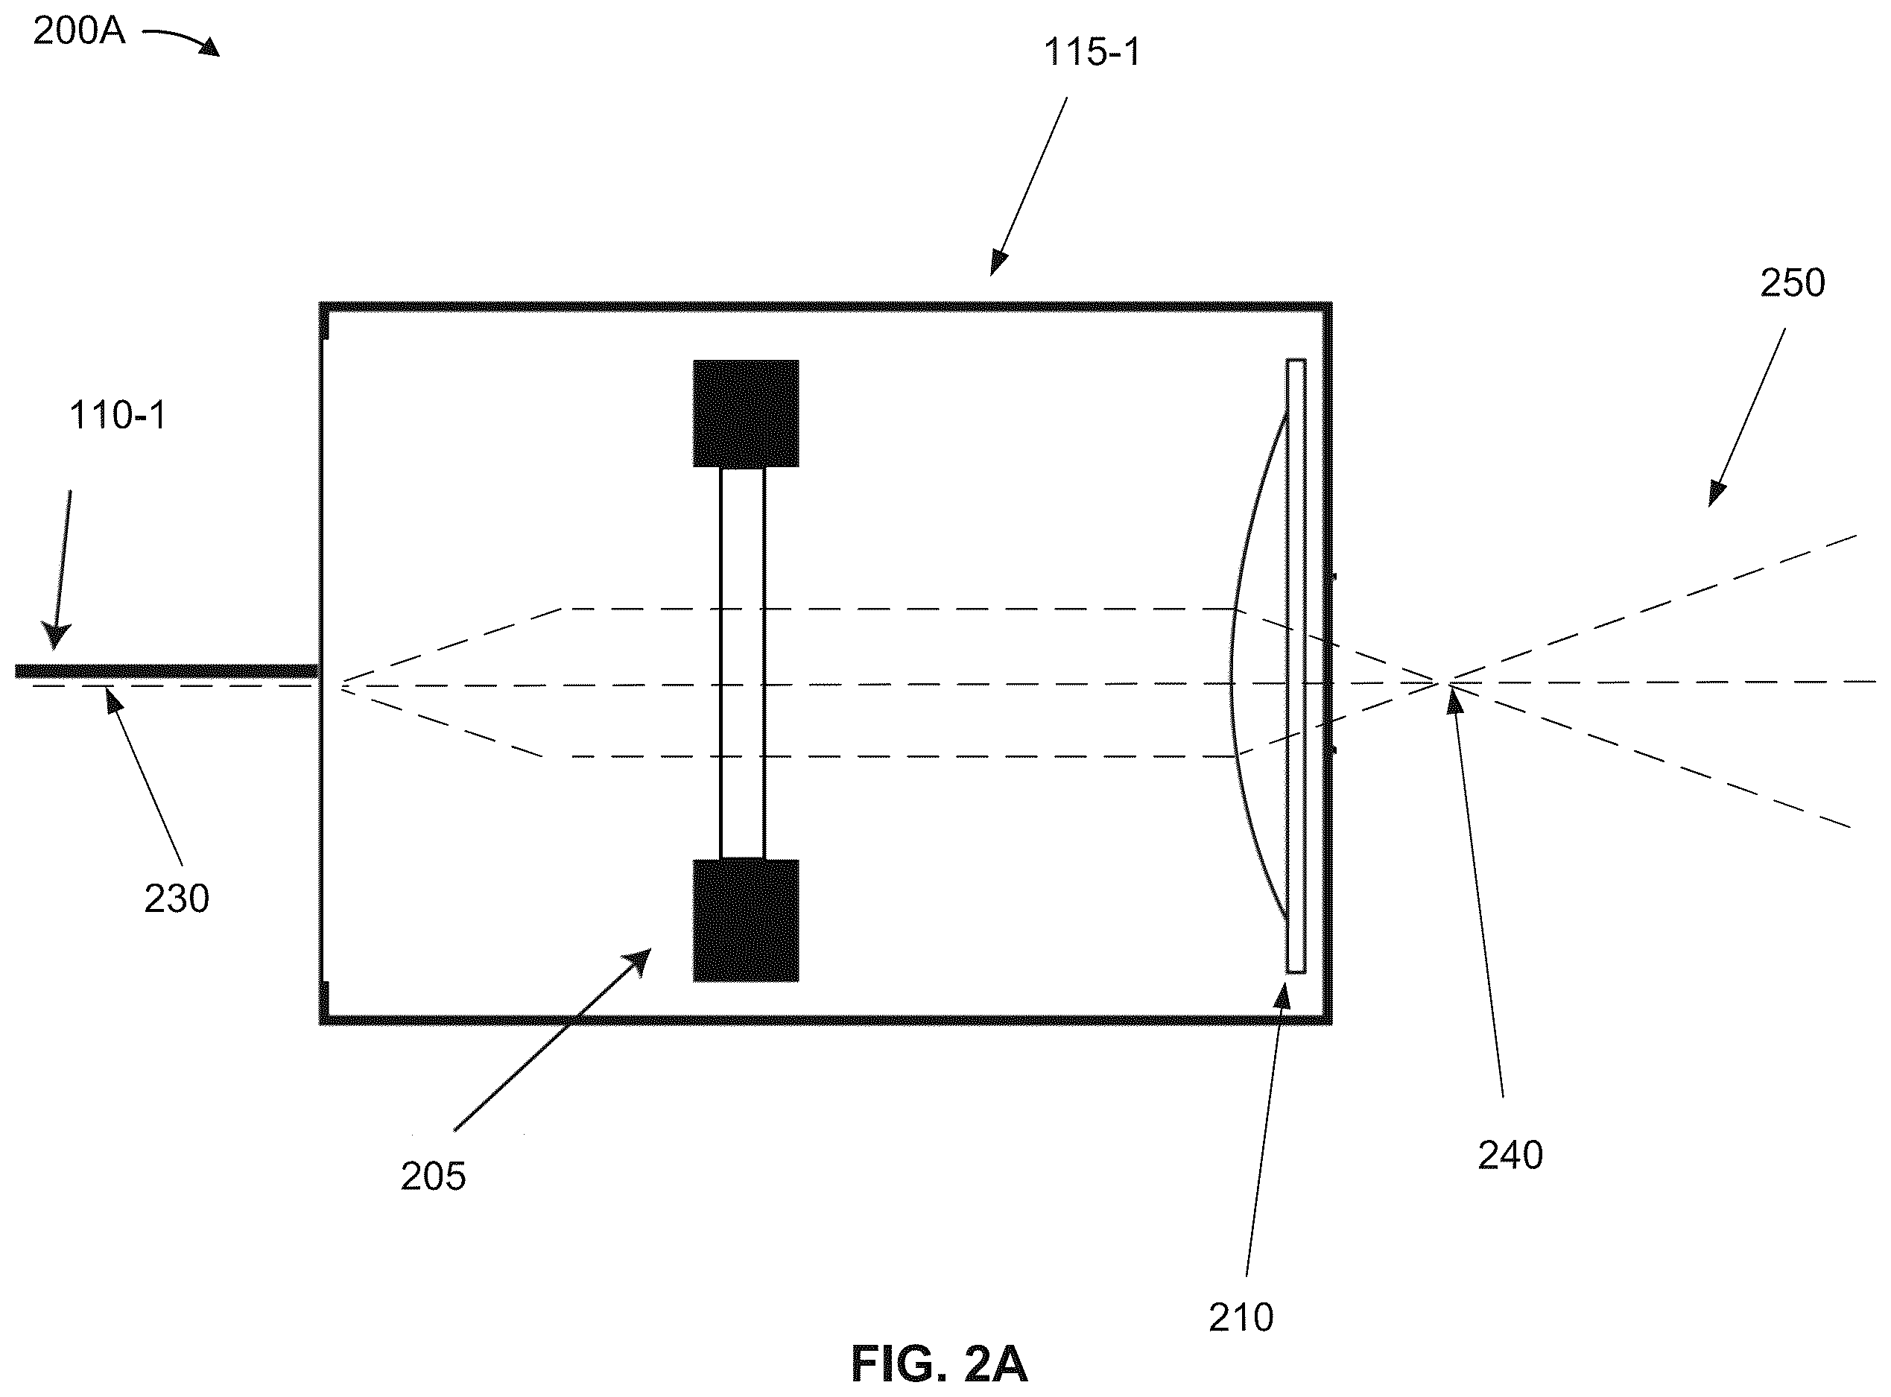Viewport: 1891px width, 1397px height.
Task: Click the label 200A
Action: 79,32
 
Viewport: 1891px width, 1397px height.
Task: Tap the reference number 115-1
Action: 1092,52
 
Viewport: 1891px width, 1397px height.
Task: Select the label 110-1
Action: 117,416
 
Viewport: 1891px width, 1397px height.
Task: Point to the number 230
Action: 177,899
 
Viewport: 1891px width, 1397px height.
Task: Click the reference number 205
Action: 433,1176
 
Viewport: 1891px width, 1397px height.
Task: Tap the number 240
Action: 1510,1155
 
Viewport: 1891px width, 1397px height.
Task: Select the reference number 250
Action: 1793,283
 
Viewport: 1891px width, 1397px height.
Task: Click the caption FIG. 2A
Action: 939,1364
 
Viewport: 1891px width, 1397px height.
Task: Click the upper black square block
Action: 746,414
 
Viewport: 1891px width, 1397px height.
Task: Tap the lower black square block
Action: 746,921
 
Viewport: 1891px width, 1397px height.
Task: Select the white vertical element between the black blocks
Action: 743,664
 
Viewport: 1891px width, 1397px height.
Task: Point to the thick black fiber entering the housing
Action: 167,671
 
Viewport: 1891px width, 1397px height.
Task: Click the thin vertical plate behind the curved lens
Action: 1296,666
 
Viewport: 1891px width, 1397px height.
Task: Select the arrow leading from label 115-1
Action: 1028,186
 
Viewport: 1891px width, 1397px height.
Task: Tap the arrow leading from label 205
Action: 553,1039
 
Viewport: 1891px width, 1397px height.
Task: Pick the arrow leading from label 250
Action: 1746,418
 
